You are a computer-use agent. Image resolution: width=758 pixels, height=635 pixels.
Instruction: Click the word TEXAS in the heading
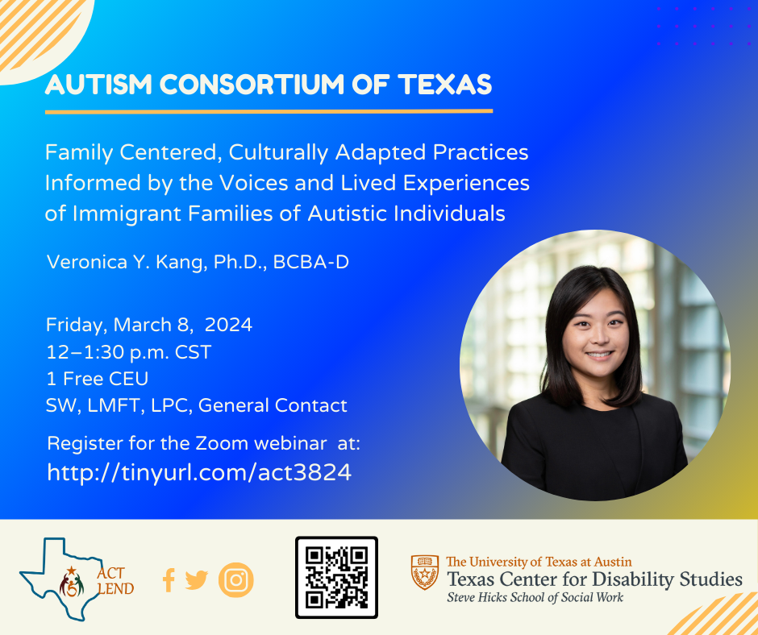(445, 84)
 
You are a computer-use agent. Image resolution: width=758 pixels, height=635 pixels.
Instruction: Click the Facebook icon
(169, 580)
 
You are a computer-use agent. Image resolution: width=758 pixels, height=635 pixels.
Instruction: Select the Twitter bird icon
(196, 580)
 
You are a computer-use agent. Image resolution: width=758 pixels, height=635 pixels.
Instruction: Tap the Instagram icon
(236, 580)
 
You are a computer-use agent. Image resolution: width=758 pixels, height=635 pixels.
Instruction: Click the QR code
(336, 578)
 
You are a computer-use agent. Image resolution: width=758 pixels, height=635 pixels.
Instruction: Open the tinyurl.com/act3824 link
(199, 472)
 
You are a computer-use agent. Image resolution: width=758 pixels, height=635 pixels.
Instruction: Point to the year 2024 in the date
(228, 325)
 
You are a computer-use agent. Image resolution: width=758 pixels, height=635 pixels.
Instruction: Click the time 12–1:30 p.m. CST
(128, 352)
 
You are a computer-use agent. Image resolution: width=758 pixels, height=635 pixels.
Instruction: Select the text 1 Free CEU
(97, 379)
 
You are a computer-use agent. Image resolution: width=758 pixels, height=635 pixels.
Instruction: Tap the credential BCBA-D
(310, 262)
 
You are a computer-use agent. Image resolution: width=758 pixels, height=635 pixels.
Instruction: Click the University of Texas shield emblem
(425, 572)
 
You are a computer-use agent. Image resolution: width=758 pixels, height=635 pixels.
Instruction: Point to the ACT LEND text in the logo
(115, 581)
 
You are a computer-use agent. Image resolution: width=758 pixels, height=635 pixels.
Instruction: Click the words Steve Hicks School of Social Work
(535, 598)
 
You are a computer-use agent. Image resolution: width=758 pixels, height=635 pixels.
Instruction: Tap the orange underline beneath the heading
(269, 112)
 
